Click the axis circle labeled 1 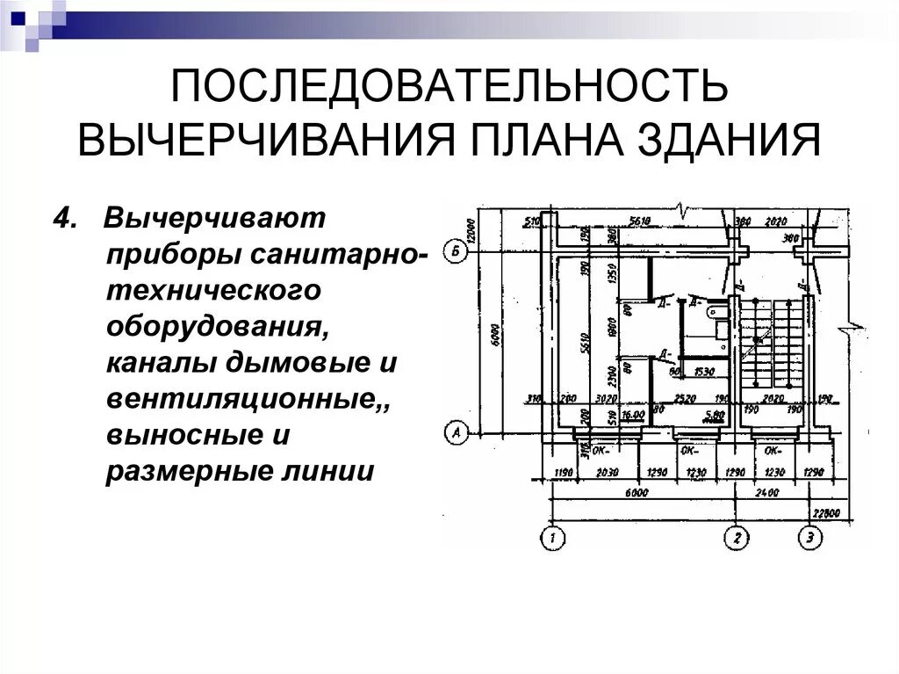click(x=552, y=537)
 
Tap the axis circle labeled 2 click(x=736, y=537)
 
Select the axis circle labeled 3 click(x=809, y=537)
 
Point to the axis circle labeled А click(x=455, y=432)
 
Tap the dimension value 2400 click(x=766, y=493)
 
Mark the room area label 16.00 click(x=633, y=414)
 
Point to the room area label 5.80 click(x=714, y=414)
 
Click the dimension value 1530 click(x=702, y=373)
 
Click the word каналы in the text click(x=160, y=362)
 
